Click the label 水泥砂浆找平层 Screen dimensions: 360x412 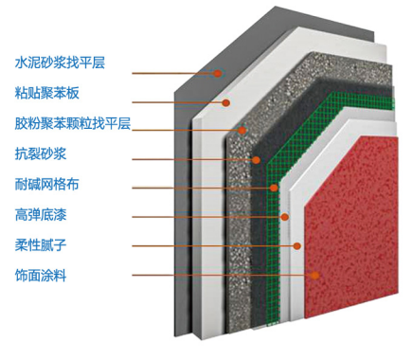click(x=59, y=63)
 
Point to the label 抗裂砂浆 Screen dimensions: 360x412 click(x=38, y=153)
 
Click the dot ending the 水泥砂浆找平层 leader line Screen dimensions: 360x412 click(x=216, y=72)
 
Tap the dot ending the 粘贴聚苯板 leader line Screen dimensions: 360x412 click(x=227, y=102)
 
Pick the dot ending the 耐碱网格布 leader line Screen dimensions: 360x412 click(x=273, y=188)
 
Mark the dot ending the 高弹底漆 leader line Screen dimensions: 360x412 click(x=284, y=218)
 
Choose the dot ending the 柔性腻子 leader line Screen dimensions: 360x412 click(x=297, y=245)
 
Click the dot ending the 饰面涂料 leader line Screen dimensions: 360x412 click(x=315, y=276)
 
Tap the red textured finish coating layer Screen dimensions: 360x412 click(x=350, y=227)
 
